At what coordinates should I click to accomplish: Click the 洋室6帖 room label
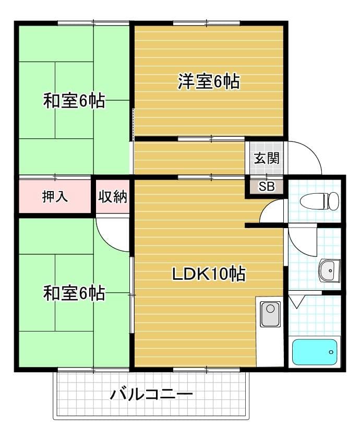click(209, 81)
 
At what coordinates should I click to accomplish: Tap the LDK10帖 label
click(209, 274)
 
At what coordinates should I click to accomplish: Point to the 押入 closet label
click(55, 197)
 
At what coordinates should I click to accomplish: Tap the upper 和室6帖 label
click(74, 101)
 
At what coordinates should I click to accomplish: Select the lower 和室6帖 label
click(74, 293)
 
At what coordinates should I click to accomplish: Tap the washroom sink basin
click(329, 270)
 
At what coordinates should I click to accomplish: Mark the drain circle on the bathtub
click(331, 352)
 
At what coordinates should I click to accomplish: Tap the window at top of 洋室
click(207, 22)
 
